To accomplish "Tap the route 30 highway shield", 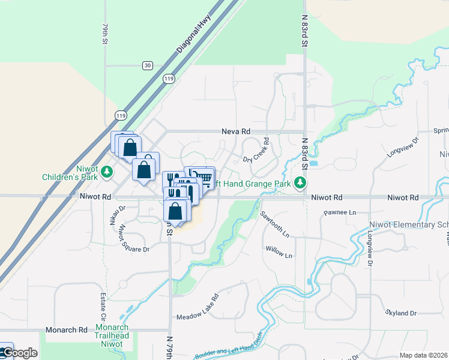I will click(148, 65).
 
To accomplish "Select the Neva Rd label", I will click(235, 131).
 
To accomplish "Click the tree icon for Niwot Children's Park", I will click(107, 172).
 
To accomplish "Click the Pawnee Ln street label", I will click(340, 212).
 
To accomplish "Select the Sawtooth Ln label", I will click(276, 223).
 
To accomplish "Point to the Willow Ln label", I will click(280, 251).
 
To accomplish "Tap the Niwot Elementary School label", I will click(408, 224).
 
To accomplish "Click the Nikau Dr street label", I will click(115, 215).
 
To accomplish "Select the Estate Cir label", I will click(103, 307).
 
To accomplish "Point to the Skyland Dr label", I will click(401, 313).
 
